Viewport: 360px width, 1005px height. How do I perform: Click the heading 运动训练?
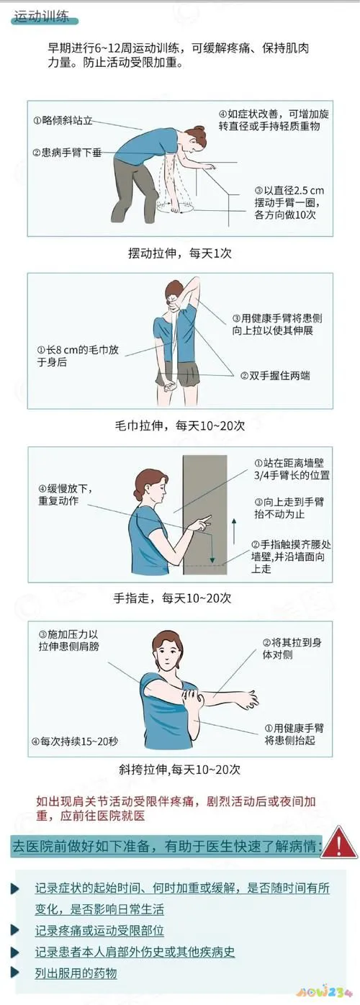point(40,19)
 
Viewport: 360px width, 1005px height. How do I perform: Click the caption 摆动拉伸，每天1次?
point(179,253)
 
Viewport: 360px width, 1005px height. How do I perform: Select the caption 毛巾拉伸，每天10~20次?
point(180,425)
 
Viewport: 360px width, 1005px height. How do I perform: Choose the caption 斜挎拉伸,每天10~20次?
point(181,768)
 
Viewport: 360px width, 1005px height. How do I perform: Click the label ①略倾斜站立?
point(63,120)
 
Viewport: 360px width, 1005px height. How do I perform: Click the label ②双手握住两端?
point(276,375)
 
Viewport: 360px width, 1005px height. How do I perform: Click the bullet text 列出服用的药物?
point(76,973)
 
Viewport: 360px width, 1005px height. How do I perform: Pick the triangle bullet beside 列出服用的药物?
point(15,973)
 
